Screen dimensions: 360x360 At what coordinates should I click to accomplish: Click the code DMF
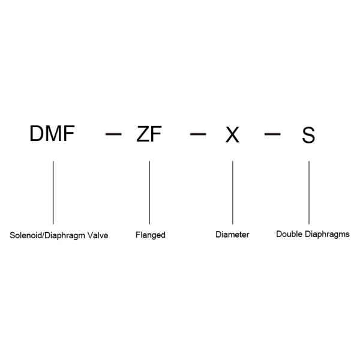click(x=52, y=134)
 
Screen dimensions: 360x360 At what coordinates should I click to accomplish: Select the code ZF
click(x=149, y=134)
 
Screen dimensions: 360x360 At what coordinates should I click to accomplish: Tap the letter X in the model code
click(x=232, y=135)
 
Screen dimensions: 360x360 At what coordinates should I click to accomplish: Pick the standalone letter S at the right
click(x=308, y=135)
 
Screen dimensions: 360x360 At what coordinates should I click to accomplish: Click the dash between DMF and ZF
click(x=113, y=134)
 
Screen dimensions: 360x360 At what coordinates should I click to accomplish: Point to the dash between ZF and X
click(x=198, y=134)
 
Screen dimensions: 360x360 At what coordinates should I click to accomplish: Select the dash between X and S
click(x=272, y=134)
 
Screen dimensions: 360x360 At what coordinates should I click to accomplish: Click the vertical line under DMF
click(x=53, y=192)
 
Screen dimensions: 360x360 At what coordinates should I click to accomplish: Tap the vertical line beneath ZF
click(x=149, y=192)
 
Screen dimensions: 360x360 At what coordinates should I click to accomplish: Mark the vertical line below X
click(x=232, y=192)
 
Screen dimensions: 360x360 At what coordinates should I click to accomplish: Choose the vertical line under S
click(x=309, y=192)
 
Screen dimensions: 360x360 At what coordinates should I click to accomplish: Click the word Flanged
click(x=150, y=235)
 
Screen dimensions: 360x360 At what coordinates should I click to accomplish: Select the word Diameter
click(x=232, y=235)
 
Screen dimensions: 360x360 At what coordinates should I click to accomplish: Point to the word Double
click(x=289, y=234)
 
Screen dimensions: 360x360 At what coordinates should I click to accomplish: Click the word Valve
click(x=98, y=235)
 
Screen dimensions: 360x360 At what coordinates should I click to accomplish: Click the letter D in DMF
click(x=37, y=134)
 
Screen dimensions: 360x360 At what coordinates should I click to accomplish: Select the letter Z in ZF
click(x=143, y=134)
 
